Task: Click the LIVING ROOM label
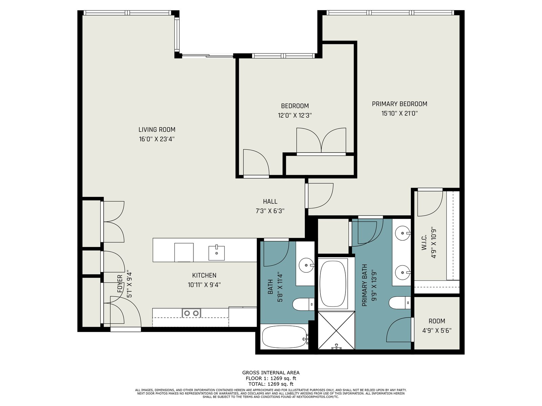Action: coord(157,130)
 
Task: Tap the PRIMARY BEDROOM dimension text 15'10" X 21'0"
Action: coord(399,114)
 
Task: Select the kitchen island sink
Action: coord(216,253)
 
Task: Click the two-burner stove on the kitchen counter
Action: coord(191,313)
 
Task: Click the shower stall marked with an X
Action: coord(337,330)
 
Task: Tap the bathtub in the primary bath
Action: coord(333,283)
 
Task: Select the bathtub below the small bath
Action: coord(285,337)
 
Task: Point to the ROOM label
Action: coord(437,321)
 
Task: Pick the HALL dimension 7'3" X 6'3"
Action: coord(270,211)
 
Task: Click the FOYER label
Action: coord(120,284)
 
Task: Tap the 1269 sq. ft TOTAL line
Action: coord(271,384)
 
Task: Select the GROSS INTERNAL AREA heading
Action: coord(271,373)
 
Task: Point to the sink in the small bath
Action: coord(307,265)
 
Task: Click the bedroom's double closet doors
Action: coord(321,141)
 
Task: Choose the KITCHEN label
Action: coord(204,275)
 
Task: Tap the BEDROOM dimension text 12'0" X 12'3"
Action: coord(295,116)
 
